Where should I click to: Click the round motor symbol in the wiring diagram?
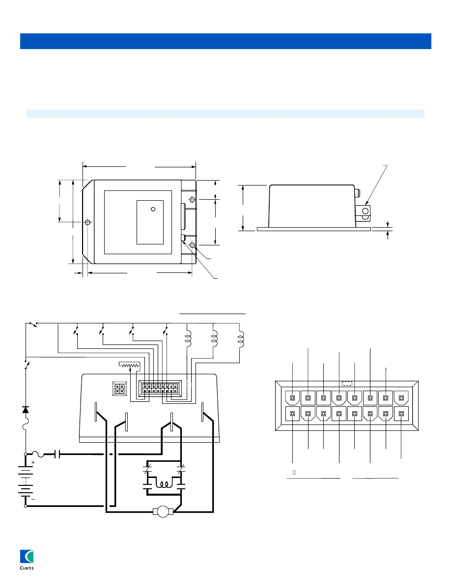click(164, 512)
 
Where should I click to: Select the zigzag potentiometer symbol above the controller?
click(130, 365)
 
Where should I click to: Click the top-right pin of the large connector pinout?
click(401, 397)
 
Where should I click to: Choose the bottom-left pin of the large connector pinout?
click(292, 414)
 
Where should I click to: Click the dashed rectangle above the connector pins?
click(347, 382)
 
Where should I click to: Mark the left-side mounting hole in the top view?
click(87, 222)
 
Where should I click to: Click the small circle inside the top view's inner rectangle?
click(153, 210)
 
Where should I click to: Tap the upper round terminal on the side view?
click(365, 210)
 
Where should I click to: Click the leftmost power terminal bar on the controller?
click(96, 411)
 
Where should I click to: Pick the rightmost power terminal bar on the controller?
click(202, 411)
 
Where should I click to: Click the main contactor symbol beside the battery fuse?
click(58, 455)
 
